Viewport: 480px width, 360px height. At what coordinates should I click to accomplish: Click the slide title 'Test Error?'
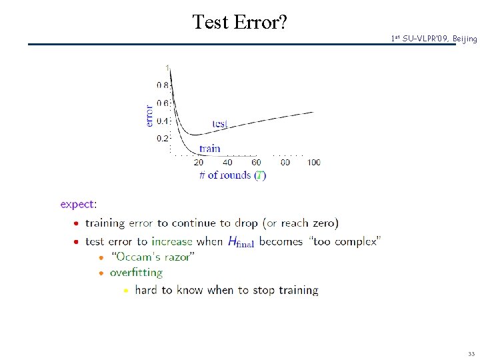click(240, 22)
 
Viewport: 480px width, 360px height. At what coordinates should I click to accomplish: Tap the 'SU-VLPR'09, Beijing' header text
click(434, 39)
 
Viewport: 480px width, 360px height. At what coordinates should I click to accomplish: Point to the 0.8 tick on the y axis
click(163, 85)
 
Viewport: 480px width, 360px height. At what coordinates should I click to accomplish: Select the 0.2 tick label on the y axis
click(163, 139)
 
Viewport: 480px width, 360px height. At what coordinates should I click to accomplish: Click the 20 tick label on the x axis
click(199, 162)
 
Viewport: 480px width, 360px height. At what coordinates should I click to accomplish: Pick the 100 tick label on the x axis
click(313, 162)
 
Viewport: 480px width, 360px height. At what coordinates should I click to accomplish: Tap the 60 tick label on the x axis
click(257, 162)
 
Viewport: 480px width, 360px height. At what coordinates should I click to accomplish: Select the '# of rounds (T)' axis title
click(233, 175)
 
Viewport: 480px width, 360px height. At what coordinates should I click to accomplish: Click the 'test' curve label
click(219, 124)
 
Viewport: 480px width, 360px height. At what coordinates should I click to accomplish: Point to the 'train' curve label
click(209, 149)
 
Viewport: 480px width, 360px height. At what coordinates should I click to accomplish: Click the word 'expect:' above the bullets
click(78, 205)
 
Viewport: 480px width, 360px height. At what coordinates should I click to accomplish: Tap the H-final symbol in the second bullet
click(241, 242)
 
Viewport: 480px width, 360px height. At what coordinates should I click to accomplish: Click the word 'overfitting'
click(136, 273)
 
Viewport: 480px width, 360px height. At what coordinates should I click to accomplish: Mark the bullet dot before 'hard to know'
click(125, 291)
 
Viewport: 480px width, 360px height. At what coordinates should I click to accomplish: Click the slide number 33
click(471, 354)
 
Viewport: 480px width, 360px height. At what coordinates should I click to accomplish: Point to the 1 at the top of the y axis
click(167, 67)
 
